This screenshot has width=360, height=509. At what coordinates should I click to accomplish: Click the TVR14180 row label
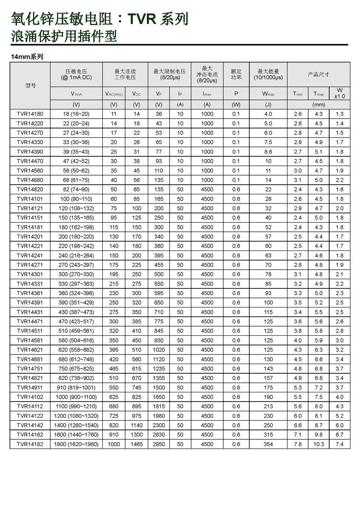coord(29,114)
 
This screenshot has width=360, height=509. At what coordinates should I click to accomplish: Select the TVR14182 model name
coord(29,444)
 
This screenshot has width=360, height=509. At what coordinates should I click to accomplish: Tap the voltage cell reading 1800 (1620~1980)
coord(76,444)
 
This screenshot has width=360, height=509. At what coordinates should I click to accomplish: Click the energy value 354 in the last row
coord(268,444)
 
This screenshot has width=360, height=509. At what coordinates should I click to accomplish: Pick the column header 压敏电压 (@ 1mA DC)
coord(76,74)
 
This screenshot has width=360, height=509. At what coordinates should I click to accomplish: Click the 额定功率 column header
coord(236,74)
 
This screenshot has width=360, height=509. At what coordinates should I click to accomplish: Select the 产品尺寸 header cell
coord(318,74)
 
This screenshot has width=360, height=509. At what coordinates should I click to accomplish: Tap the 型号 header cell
coord(30,85)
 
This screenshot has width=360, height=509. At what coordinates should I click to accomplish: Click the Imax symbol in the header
coord(207,94)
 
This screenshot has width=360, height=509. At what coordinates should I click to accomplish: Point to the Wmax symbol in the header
coord(268,94)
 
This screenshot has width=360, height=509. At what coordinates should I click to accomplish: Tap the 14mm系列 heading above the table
coord(27,56)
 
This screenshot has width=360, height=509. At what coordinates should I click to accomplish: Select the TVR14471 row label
coord(29,321)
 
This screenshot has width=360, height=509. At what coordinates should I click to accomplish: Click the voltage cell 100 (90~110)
coord(76,199)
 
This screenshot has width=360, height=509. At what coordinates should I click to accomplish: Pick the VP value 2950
coord(159,444)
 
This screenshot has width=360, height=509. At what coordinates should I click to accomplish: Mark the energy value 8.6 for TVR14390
coord(268,152)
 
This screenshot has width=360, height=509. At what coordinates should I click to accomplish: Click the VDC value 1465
coord(136,444)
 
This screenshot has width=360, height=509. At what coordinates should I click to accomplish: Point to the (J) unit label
coord(268,105)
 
